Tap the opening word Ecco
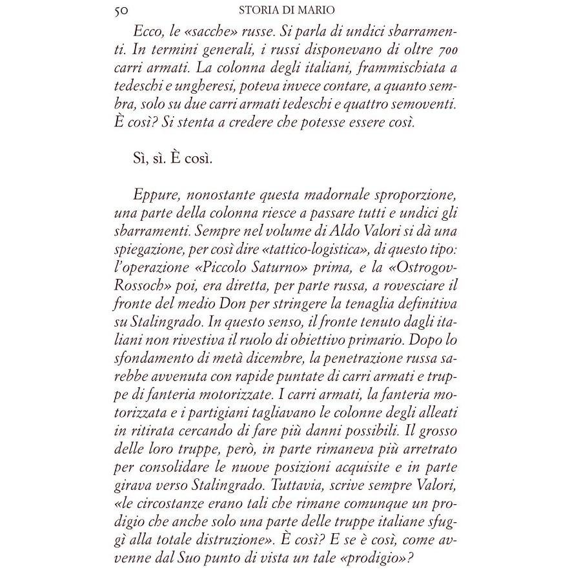(148, 31)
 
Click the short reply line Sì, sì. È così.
(172, 159)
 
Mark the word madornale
(323, 195)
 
